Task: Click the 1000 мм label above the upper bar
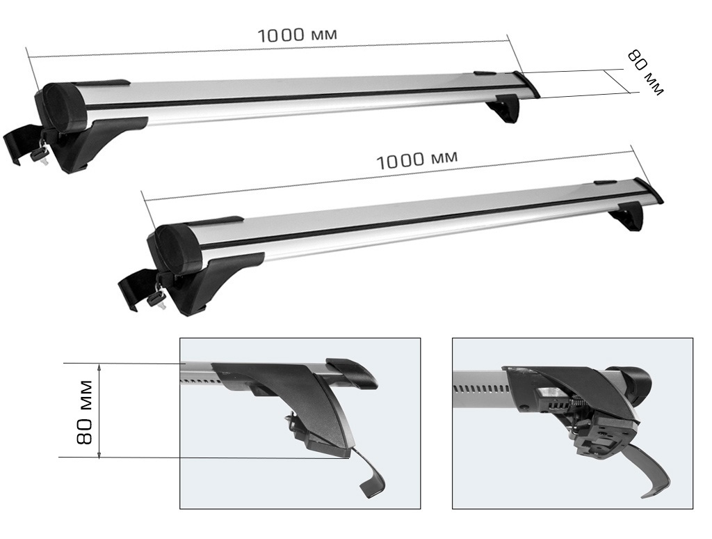click(302, 34)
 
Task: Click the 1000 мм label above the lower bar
click(417, 159)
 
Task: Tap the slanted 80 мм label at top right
click(645, 72)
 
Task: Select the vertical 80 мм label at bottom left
click(85, 412)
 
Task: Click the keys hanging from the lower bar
click(157, 295)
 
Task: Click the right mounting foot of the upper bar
click(505, 110)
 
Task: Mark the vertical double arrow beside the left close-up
click(99, 411)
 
